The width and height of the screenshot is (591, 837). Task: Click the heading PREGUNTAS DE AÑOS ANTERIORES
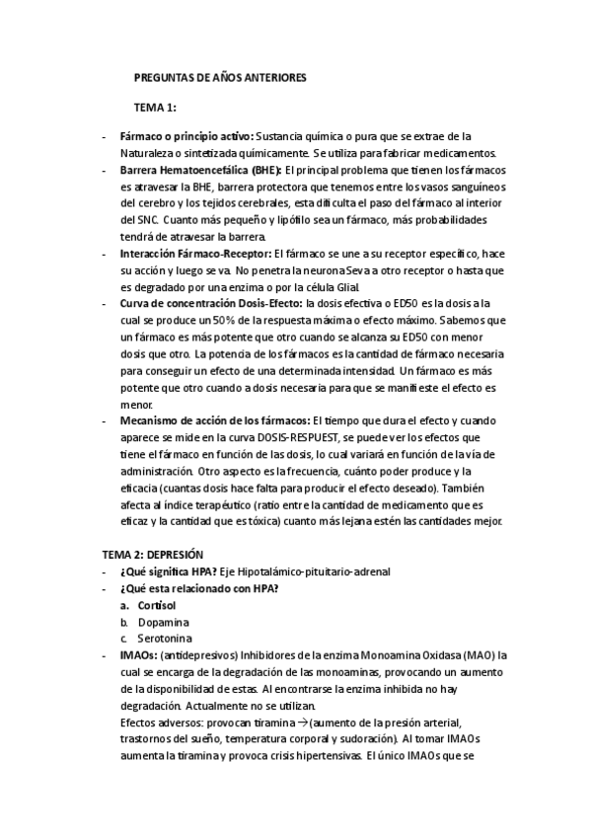[x=221, y=76]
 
